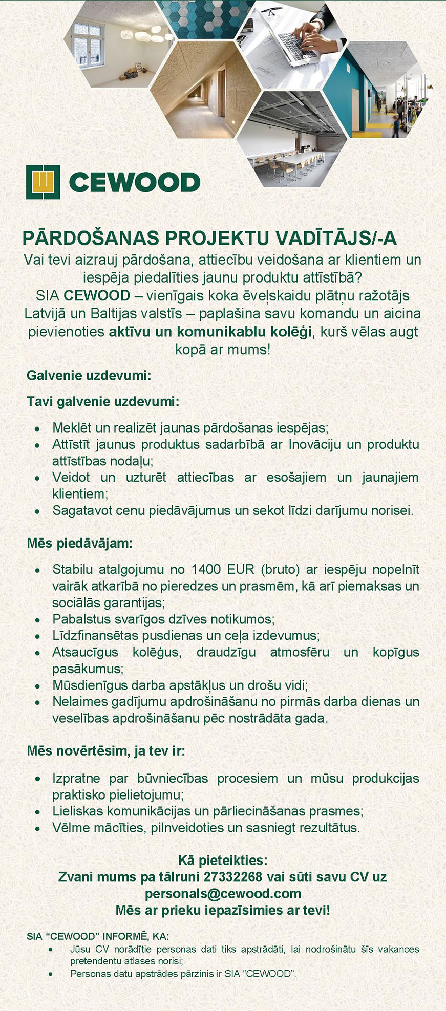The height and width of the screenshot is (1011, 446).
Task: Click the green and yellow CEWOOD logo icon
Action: click(x=43, y=182)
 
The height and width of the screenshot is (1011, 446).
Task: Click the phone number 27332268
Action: click(x=232, y=877)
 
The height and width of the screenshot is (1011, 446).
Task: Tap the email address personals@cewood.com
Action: click(x=223, y=894)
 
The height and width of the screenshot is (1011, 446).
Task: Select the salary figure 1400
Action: click(x=206, y=570)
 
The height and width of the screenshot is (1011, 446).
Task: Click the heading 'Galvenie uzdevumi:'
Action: click(x=89, y=375)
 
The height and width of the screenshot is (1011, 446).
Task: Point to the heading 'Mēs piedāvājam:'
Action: click(x=79, y=543)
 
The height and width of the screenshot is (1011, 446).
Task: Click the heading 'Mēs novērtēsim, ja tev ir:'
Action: click(x=105, y=751)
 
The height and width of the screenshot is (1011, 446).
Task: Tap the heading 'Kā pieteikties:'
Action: click(x=223, y=860)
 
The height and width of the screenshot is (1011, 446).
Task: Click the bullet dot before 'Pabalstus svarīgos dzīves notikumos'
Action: click(x=37, y=620)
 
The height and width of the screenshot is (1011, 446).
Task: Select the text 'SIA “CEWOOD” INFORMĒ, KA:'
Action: click(x=97, y=936)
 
